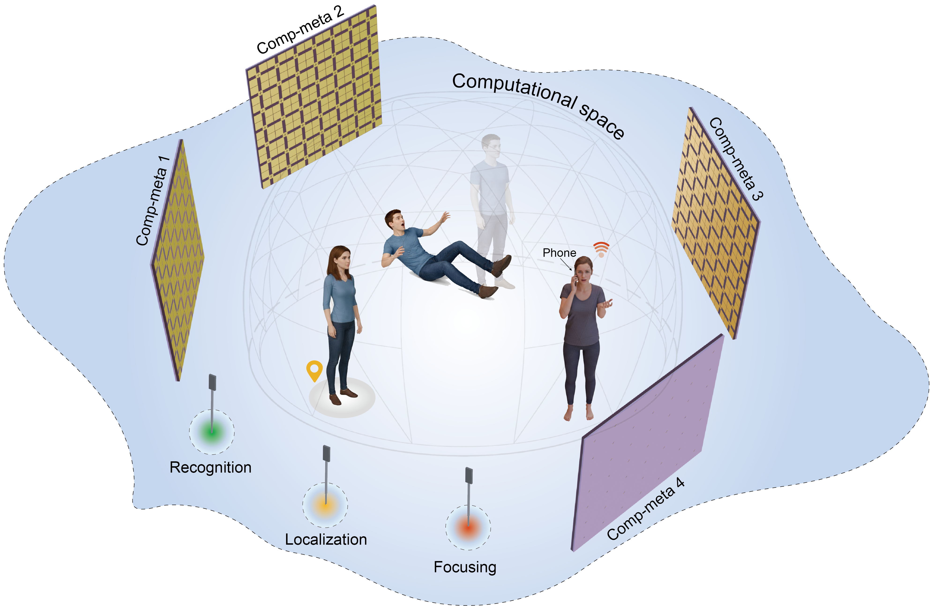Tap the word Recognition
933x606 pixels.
pos(210,467)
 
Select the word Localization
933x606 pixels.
pos(326,539)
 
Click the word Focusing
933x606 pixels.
pos(465,567)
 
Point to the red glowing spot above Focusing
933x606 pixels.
pos(468,527)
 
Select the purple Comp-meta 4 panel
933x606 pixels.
pos(647,443)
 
